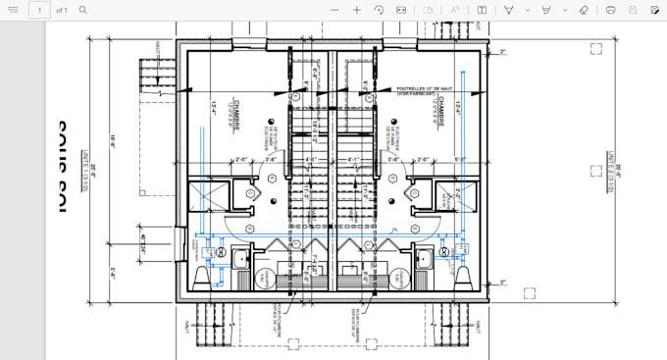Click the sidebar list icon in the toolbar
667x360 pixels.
12,10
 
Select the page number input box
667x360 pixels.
39,10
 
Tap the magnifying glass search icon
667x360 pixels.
83,10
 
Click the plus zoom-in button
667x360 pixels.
357,10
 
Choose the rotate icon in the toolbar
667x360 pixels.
379,10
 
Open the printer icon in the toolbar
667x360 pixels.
611,10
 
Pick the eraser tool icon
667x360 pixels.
584,10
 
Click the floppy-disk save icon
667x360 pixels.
633,10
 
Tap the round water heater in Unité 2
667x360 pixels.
399,278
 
